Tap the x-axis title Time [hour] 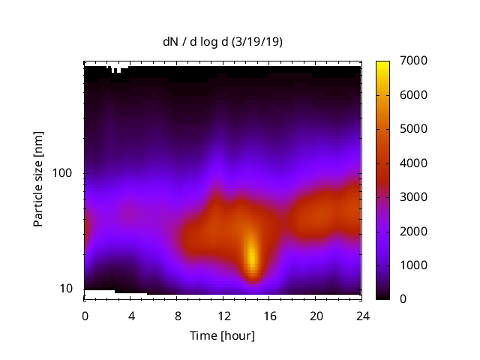coord(222,335)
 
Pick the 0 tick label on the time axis coord(85,315)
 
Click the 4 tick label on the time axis coord(131,315)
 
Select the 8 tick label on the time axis coord(178,315)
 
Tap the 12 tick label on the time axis coord(223,315)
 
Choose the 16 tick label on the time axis coord(270,315)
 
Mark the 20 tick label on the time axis coord(316,315)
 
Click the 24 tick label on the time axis coord(362,315)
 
